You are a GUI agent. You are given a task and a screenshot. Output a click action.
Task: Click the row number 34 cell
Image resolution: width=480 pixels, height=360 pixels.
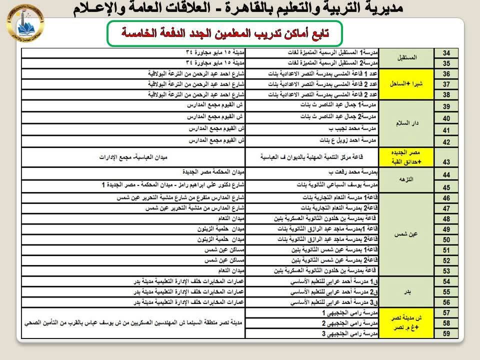[447, 52]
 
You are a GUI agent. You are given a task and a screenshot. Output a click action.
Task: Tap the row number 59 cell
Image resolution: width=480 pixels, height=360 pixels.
[447, 333]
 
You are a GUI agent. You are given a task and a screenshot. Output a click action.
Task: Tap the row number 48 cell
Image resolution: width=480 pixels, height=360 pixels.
[447, 219]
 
